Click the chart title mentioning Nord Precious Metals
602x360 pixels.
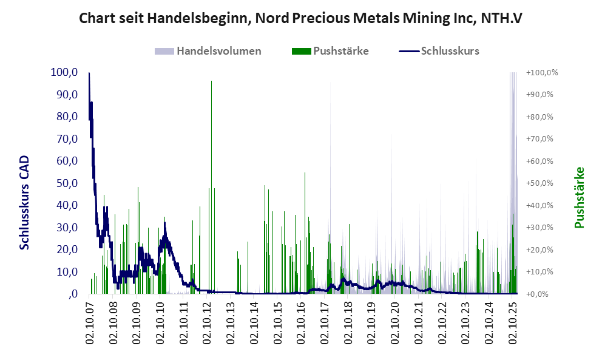click(301, 18)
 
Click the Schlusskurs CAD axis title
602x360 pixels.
click(25, 203)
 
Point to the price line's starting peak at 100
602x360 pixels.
click(89, 73)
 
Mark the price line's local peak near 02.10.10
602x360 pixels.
click(164, 223)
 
